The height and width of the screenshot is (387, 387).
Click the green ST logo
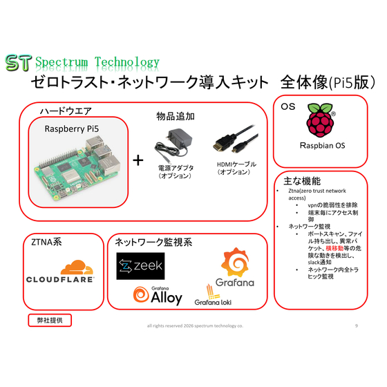19,63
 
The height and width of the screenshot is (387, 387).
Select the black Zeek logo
140,266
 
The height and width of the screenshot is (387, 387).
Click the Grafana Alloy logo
158,296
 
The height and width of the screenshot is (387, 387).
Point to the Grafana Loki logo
213,295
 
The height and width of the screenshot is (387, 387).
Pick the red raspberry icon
321,120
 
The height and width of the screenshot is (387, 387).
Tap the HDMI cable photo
236,139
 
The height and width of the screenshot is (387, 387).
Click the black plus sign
138,160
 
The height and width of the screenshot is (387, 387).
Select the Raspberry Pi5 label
72,129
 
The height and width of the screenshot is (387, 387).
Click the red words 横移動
334,248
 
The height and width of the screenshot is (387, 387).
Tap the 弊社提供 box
50,321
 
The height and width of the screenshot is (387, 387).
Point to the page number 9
356,325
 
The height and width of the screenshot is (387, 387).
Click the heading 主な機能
302,181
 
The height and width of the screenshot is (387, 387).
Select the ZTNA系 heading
46,242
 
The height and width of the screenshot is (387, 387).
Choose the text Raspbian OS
322,145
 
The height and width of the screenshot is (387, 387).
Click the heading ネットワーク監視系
153,242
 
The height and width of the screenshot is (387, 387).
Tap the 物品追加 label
176,116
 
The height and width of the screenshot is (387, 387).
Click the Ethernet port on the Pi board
109,164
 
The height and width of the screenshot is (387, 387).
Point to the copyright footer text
195,325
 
